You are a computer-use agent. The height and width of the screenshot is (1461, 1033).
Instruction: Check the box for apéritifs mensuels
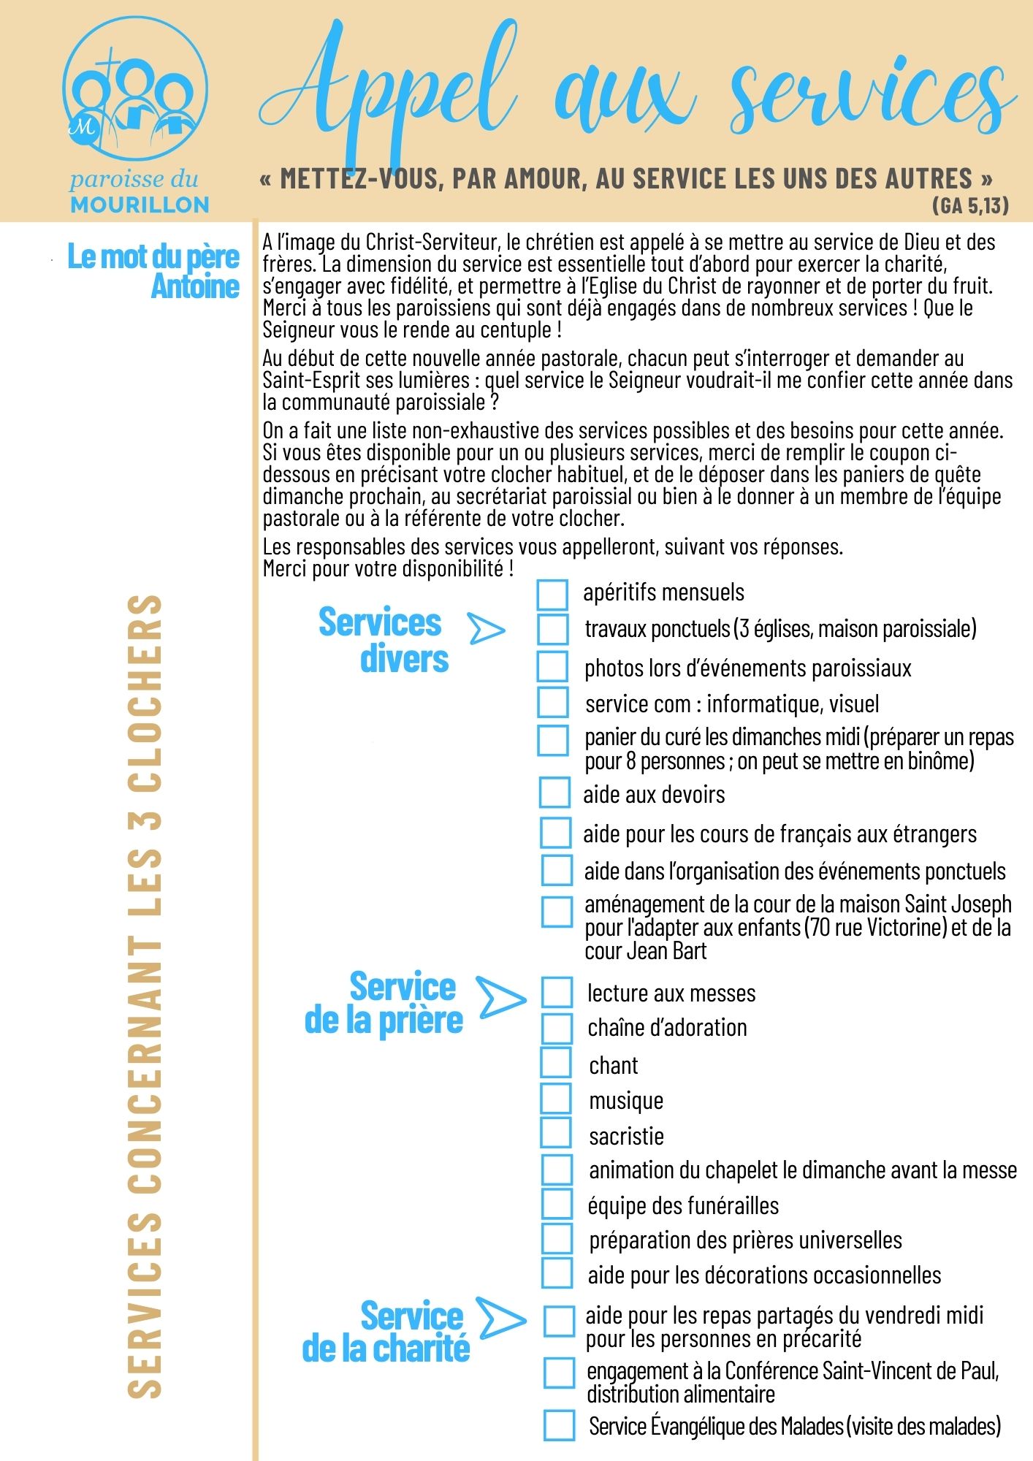(x=552, y=595)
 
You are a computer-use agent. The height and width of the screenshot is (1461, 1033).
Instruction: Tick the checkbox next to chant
(x=556, y=1062)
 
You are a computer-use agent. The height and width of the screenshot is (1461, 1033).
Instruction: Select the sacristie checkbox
(x=556, y=1132)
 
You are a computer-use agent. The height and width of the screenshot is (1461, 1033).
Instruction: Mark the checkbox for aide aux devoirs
(x=554, y=792)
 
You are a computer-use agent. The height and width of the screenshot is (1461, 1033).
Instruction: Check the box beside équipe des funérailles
(x=557, y=1204)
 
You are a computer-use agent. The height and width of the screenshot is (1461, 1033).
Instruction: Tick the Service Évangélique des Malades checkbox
(x=559, y=1425)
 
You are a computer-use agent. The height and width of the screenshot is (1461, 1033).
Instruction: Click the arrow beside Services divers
(x=486, y=629)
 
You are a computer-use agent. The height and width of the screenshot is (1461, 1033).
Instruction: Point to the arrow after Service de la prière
(x=500, y=998)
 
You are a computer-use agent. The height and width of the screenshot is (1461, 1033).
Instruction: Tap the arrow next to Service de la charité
(x=500, y=1318)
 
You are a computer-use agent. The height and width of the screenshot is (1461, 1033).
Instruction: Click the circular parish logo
(x=136, y=90)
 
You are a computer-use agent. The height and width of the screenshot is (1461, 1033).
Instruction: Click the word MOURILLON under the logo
(x=140, y=205)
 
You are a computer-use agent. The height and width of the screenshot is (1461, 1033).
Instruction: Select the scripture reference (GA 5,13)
(x=970, y=205)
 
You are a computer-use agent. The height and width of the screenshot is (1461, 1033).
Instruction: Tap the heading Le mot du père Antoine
(x=155, y=271)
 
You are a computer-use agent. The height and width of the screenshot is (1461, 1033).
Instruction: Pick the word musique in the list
(x=626, y=1100)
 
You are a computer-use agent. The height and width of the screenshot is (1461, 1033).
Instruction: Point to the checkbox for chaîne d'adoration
(x=557, y=1028)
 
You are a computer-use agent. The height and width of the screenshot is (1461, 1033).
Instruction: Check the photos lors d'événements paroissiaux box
(x=552, y=666)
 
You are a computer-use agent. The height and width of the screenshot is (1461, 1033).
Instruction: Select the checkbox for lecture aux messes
(x=557, y=992)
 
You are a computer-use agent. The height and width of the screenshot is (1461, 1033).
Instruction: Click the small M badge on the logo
(x=83, y=127)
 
